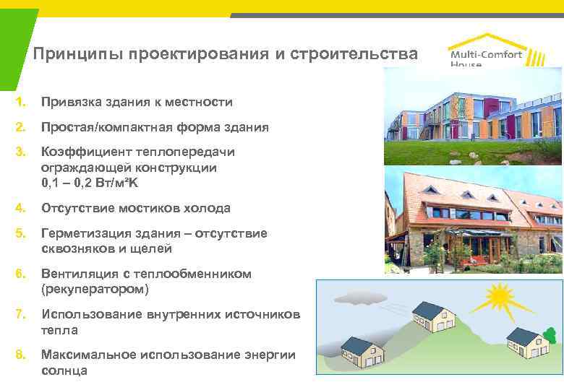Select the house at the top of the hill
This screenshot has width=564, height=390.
[432, 318]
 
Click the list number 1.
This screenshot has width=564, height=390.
[22, 103]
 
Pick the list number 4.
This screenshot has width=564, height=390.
[22, 208]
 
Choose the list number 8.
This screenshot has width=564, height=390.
[22, 355]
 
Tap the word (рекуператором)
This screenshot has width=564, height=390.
[95, 289]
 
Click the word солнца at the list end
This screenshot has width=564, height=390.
[64, 370]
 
